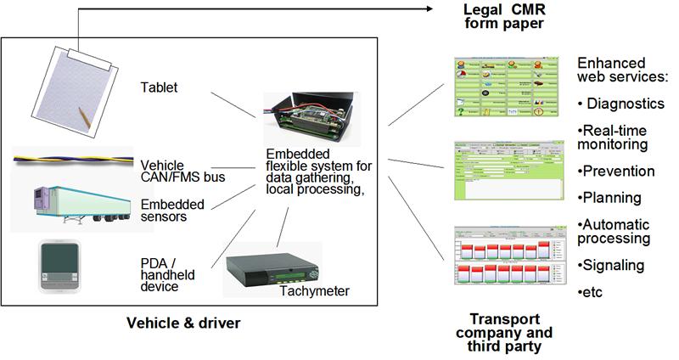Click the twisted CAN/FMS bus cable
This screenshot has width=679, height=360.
72,158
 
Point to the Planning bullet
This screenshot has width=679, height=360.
614,198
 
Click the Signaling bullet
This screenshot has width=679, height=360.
616,265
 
